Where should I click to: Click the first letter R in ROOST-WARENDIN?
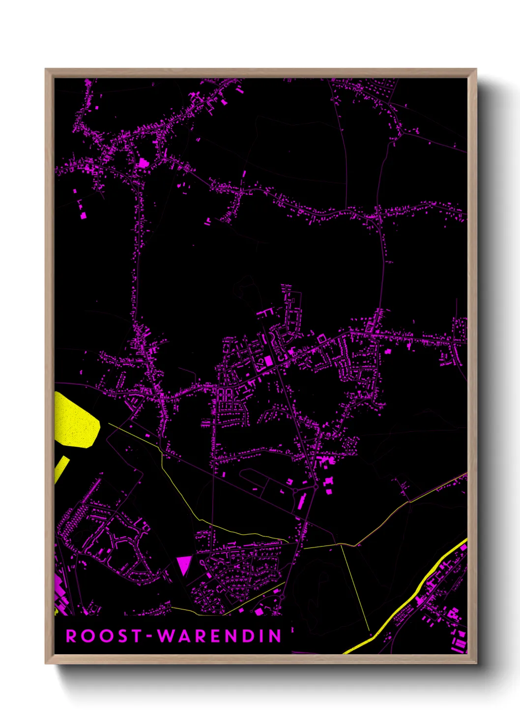tap(71, 636)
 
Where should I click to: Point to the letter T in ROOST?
tap(136, 636)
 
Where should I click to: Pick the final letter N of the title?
tap(275, 636)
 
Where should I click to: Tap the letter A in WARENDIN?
tap(182, 636)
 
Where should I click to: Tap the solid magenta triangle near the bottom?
tap(183, 564)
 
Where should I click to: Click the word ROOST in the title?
tap(104, 636)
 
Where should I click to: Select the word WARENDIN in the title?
tap(219, 636)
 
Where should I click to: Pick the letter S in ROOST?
tap(119, 636)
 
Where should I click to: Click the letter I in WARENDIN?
tap(261, 636)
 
